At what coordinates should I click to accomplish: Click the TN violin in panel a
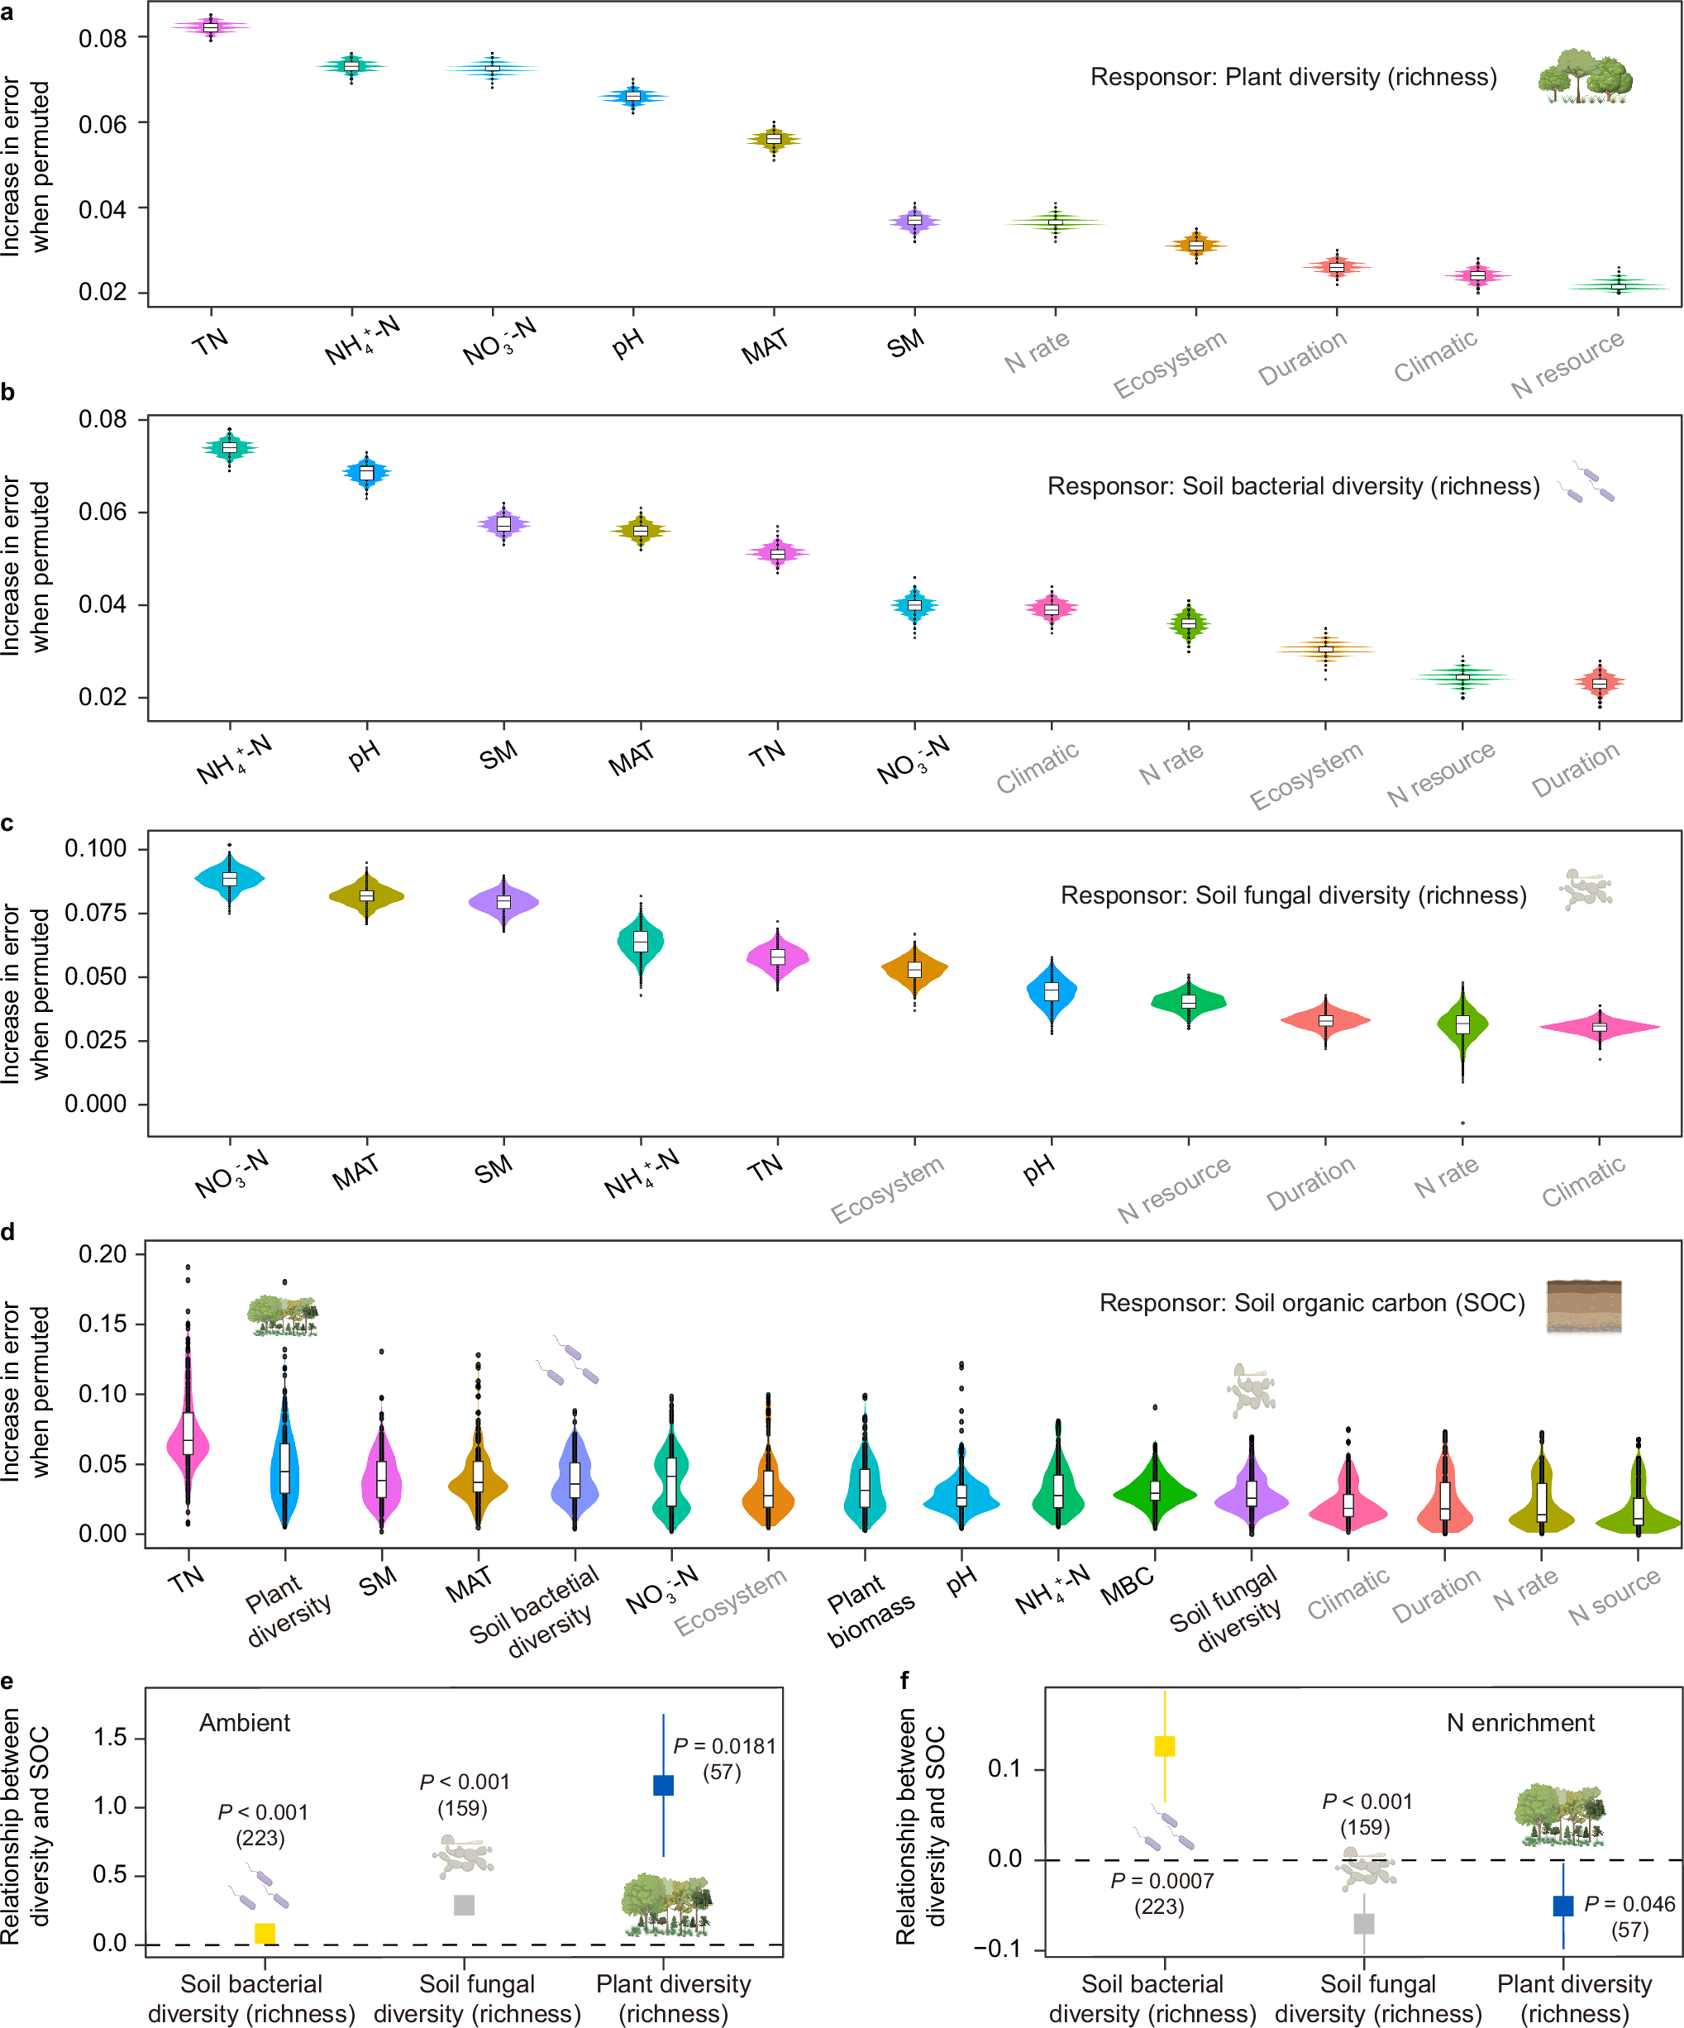pos(211,27)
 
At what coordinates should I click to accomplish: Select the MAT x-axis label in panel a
pos(765,346)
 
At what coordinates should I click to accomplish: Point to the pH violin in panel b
pos(367,472)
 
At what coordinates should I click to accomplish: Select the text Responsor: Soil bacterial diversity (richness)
pos(1293,486)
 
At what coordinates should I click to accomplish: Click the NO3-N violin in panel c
pos(230,878)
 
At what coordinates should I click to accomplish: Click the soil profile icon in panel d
pos(1584,1305)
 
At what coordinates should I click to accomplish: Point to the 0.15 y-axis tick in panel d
pos(103,1324)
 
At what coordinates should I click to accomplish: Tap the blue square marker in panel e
pos(663,1785)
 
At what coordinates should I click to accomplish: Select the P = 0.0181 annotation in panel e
pos(724,1746)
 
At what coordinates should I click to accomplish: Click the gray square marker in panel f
pos(1363,1923)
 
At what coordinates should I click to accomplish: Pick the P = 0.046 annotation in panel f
pos(1629,1903)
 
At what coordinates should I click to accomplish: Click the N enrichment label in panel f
pos(1519,1723)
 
